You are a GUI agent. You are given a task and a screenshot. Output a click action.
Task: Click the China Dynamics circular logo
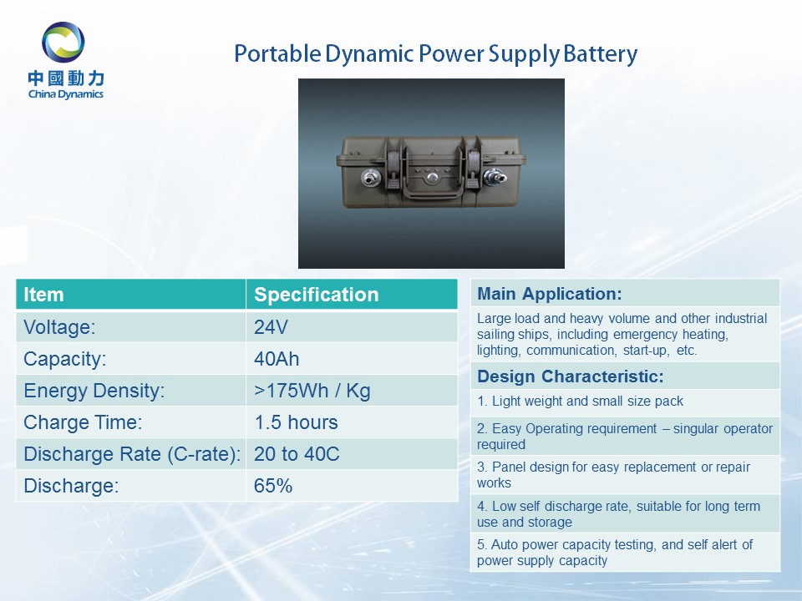[63, 42]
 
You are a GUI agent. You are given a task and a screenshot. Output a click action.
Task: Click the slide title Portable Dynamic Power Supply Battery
[436, 54]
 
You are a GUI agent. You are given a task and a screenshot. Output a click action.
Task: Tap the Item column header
[43, 295]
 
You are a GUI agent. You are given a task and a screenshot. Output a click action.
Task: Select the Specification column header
[316, 295]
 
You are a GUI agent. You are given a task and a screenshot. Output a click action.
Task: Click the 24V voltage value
[271, 327]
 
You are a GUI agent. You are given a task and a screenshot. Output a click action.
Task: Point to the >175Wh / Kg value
[312, 391]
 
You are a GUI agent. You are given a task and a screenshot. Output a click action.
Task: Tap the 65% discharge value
[273, 486]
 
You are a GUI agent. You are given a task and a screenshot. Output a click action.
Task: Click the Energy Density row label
[94, 391]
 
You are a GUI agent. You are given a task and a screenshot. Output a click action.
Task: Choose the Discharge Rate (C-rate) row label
[132, 454]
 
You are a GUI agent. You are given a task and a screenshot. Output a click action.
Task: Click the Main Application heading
[550, 294]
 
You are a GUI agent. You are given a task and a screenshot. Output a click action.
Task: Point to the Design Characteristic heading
[571, 376]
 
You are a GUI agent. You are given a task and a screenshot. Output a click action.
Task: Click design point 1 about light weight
[580, 402]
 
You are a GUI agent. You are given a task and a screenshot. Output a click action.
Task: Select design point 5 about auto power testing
[615, 553]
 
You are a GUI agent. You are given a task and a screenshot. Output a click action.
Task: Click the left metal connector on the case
[370, 179]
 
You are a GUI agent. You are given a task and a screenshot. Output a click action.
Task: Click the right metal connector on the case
[495, 177]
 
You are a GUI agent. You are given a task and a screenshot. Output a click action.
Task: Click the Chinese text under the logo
[66, 78]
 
